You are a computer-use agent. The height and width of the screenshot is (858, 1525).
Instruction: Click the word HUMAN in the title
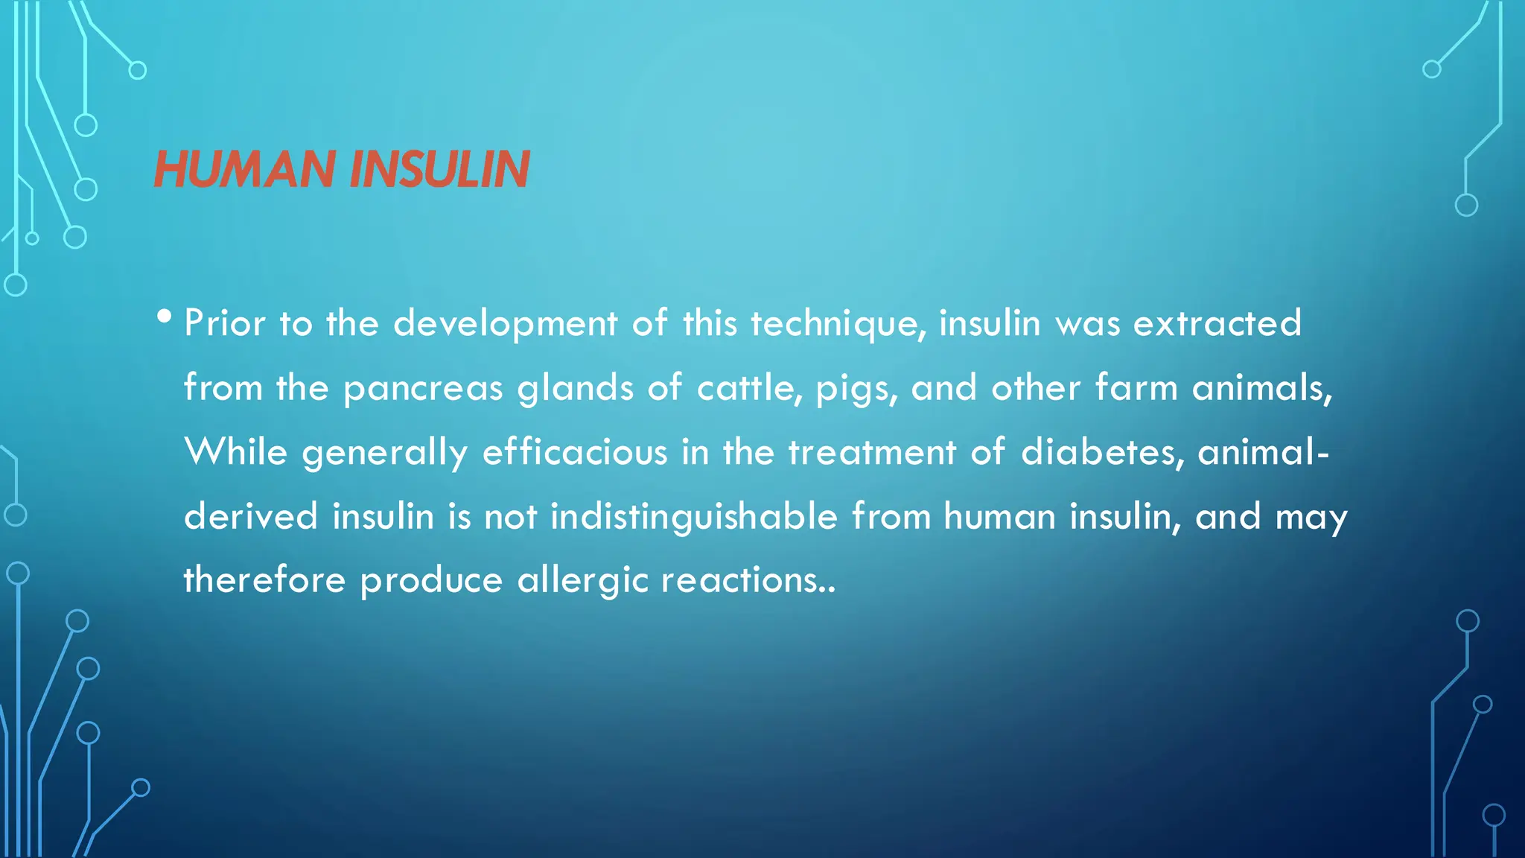[x=244, y=170]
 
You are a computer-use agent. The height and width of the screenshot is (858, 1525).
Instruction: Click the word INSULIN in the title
[x=439, y=170]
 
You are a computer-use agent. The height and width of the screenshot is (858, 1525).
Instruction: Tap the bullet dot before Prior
[x=165, y=317]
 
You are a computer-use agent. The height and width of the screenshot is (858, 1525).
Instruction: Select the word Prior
[x=225, y=324]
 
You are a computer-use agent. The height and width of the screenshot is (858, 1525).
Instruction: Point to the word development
[x=505, y=324]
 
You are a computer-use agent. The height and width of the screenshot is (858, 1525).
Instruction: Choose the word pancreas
[x=423, y=389]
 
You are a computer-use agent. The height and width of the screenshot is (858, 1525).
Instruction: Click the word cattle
[x=748, y=388]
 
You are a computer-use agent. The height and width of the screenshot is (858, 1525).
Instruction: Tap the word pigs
[x=856, y=389]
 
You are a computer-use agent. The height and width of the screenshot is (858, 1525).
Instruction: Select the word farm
[x=1136, y=388]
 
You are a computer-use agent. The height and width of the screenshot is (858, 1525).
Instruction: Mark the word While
[x=235, y=452]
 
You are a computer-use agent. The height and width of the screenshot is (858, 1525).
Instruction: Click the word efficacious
[x=575, y=452]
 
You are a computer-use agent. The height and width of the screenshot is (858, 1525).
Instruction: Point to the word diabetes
[x=1101, y=452]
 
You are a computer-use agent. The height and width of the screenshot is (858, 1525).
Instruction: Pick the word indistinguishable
[x=693, y=517]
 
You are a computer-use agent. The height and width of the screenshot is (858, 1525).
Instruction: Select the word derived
[x=251, y=517]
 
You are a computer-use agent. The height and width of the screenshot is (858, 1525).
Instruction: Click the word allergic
[x=582, y=581]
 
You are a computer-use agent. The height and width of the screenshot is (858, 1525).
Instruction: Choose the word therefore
[x=264, y=581]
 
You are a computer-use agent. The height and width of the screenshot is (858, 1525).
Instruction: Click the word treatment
[x=872, y=452]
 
